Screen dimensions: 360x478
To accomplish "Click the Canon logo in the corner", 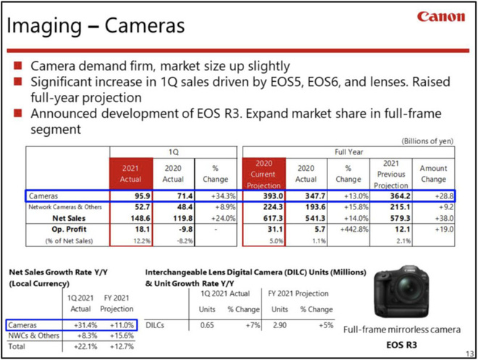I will coord(442,16).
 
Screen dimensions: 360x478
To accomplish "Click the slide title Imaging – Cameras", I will coord(95,27).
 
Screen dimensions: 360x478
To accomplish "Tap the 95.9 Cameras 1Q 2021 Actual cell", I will coord(131,196).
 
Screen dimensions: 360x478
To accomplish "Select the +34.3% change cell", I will coord(216,196).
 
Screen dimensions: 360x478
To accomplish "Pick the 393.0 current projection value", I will coord(263,196).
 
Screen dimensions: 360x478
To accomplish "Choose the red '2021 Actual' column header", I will coord(130,173).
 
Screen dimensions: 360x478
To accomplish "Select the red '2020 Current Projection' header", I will coord(263,173).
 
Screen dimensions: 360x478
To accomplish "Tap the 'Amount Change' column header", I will coord(433,173).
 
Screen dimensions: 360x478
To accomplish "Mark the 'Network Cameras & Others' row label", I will coord(67,207).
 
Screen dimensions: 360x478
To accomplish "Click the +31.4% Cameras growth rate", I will coord(86,326).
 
